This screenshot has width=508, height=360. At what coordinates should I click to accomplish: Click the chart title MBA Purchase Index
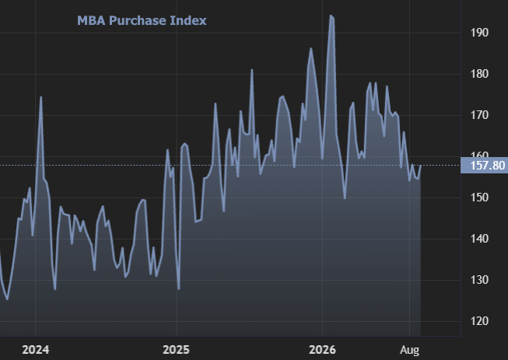tap(142, 21)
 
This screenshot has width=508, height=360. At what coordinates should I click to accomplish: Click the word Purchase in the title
tap(138, 21)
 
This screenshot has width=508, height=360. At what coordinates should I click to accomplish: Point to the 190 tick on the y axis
tap(479, 33)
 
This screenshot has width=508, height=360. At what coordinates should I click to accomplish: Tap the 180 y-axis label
tap(479, 74)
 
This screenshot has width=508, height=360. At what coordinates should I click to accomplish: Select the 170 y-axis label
tap(479, 115)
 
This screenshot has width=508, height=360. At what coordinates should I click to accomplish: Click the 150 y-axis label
tap(479, 197)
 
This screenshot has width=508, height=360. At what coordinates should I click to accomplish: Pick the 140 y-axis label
tap(479, 239)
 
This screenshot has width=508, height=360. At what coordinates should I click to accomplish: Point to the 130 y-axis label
tap(479, 280)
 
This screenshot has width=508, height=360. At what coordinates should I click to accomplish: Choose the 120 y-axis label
tap(479, 321)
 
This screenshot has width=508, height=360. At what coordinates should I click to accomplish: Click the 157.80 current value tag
tap(484, 166)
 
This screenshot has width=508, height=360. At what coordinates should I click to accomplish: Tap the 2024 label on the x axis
tap(35, 350)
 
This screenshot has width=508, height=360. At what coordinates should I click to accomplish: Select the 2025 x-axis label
tap(176, 350)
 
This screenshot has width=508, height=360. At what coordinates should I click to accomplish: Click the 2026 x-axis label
tap(322, 350)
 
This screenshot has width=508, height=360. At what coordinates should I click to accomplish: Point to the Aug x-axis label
tap(409, 350)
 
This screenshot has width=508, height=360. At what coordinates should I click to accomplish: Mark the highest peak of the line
tap(331, 16)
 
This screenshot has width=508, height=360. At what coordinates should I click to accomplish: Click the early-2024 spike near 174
tap(40, 97)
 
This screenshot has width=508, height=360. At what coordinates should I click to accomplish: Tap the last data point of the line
tap(421, 166)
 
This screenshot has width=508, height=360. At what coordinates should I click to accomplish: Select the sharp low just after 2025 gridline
tap(179, 288)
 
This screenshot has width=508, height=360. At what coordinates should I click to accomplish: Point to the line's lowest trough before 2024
tap(8, 299)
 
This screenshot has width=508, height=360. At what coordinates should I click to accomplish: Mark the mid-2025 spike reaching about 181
tap(252, 70)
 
